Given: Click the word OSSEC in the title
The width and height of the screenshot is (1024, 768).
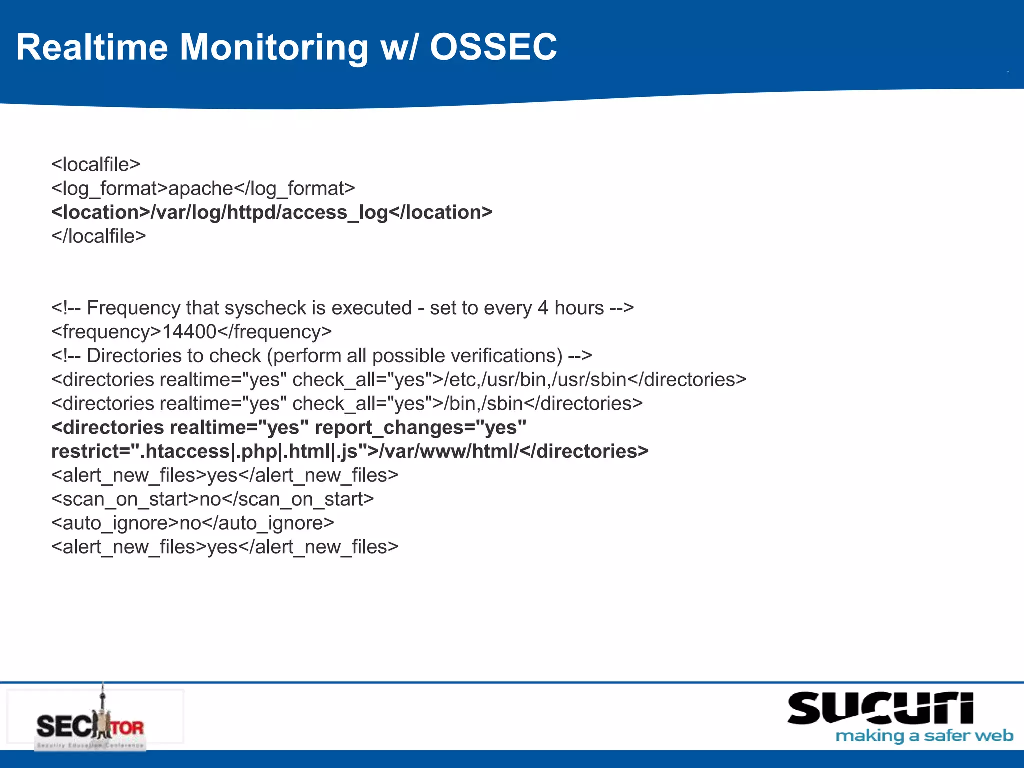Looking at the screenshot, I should (493, 47).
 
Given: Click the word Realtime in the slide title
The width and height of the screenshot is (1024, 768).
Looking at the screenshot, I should (92, 47).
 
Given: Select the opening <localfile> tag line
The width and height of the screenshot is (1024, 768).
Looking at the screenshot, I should (96, 164).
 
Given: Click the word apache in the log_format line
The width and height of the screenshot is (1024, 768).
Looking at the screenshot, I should (201, 188).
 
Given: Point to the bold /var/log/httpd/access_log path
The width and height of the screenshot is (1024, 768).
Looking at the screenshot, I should (269, 213).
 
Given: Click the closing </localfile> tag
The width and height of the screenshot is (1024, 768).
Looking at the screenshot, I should (99, 236).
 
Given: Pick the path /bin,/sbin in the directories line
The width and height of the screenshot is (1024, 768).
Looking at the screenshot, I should (483, 404).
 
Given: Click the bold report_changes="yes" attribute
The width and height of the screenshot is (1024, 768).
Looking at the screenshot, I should (420, 428).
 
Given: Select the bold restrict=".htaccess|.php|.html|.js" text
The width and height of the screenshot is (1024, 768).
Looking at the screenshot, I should (209, 452).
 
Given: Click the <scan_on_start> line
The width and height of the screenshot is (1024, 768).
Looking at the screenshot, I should (212, 499).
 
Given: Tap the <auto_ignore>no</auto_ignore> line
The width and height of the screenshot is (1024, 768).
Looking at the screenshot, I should (192, 523).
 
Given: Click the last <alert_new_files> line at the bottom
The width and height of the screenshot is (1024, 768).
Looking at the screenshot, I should (225, 547).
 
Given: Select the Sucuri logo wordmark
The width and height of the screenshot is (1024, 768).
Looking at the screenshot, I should (880, 708).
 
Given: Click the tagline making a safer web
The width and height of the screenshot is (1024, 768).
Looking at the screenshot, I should (924, 736).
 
